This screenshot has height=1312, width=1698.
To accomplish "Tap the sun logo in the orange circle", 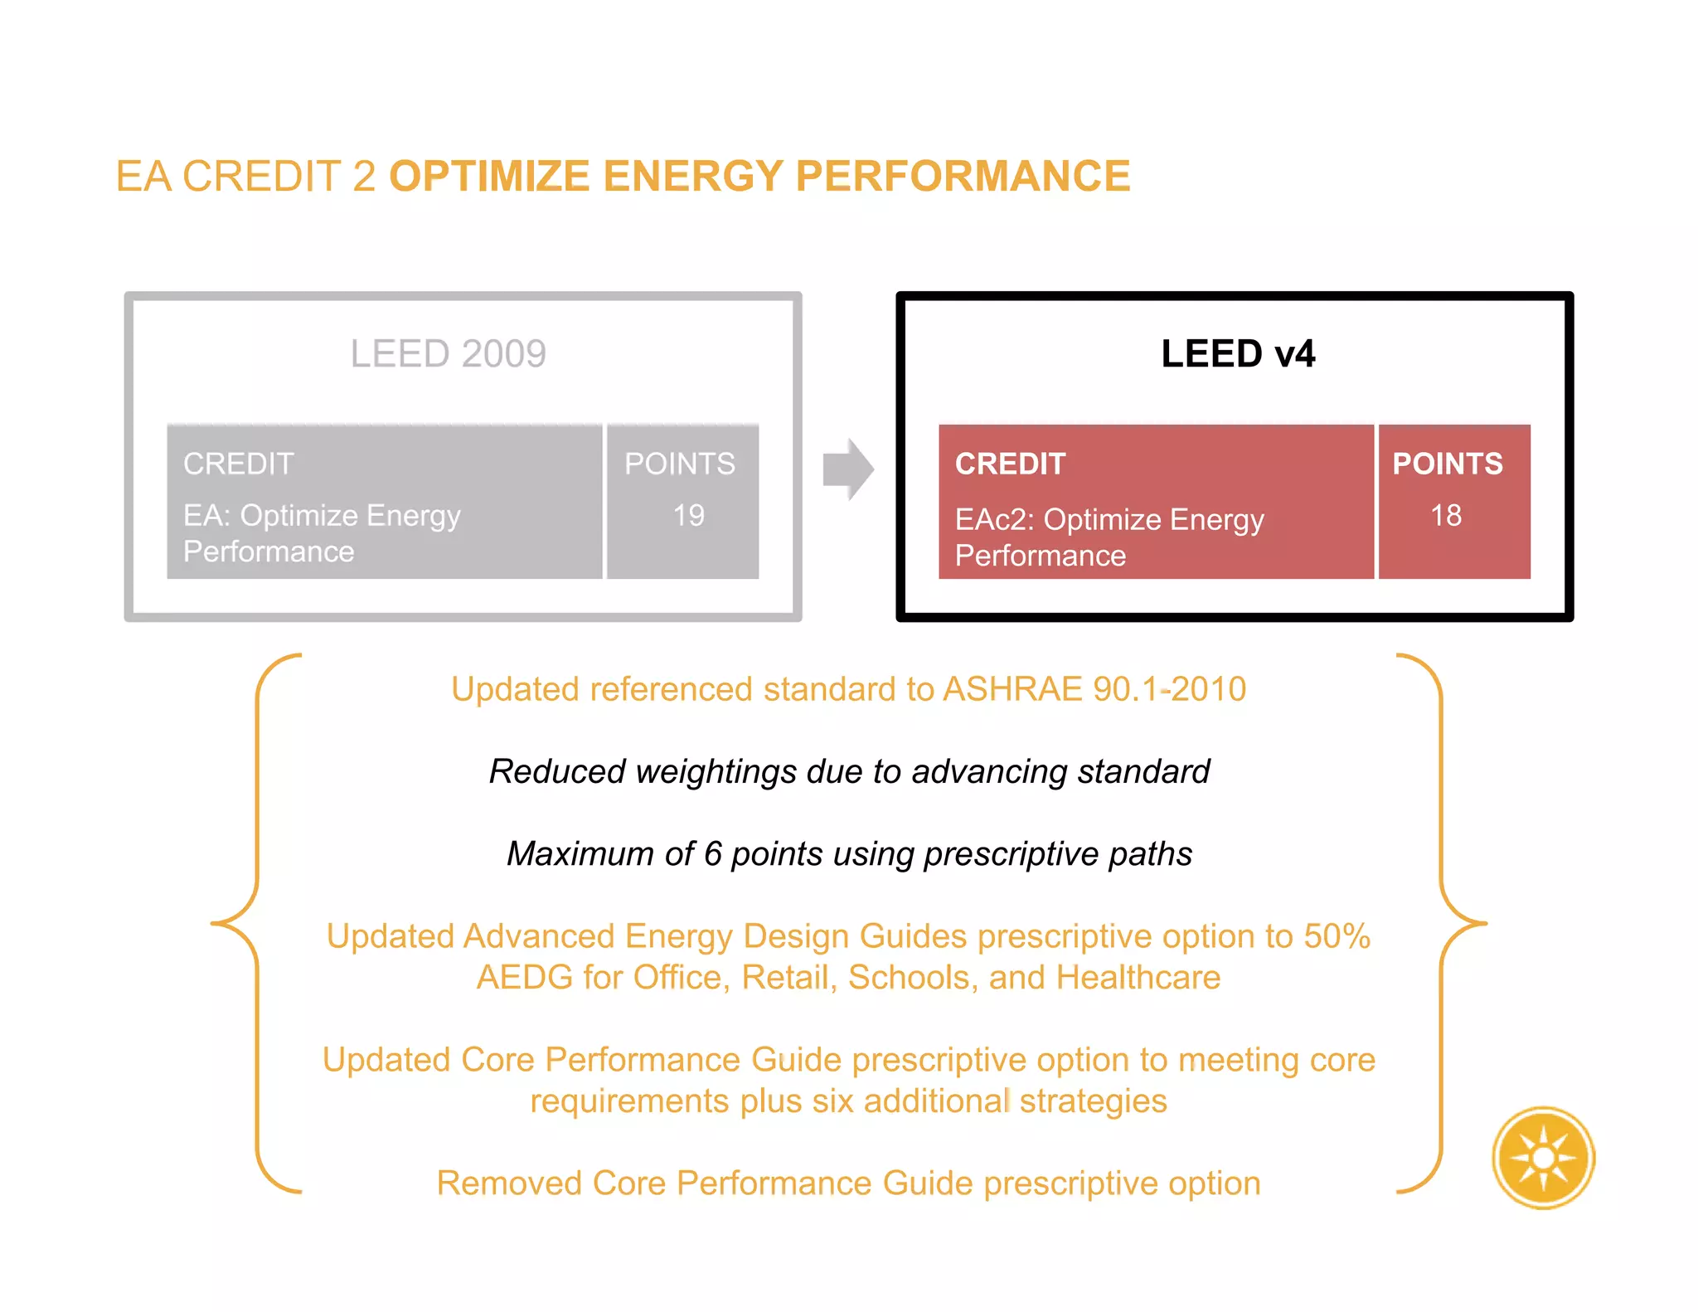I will (x=1543, y=1158).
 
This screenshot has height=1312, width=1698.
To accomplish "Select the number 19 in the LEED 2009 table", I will (x=688, y=515).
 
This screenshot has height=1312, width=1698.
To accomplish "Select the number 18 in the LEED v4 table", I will (x=1446, y=515).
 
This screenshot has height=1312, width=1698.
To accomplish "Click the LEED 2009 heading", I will (x=448, y=354).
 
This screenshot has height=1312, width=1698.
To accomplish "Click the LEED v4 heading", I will (x=1237, y=354).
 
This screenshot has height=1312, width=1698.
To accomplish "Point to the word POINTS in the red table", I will (x=1447, y=464).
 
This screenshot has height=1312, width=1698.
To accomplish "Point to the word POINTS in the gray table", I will (x=679, y=464).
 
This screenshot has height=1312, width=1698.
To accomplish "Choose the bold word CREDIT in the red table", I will (x=1010, y=464).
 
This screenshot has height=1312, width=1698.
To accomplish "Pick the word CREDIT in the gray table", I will (x=239, y=464).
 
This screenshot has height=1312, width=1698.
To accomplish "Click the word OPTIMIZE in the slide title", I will (x=489, y=177).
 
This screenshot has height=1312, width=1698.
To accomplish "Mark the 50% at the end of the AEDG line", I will (x=1337, y=936).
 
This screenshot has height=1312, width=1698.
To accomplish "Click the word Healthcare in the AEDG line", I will (x=1138, y=978).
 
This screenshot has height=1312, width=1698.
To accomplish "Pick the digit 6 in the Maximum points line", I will (x=713, y=854).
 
